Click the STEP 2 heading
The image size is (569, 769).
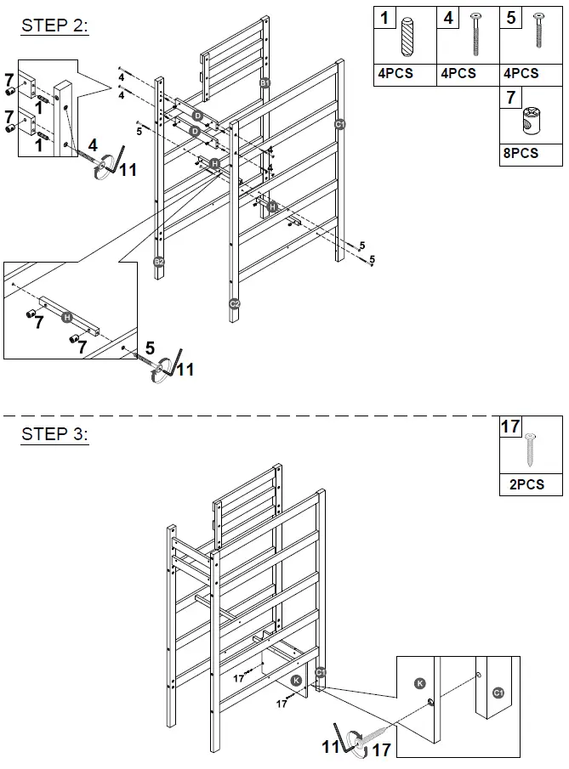(54, 25)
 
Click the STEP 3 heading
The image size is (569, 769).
(54, 434)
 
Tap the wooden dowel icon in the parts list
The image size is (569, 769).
(407, 36)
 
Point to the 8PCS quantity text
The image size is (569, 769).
(520, 155)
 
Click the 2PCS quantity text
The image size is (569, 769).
(520, 485)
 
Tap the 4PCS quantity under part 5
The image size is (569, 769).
(520, 74)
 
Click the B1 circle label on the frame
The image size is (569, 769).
(265, 82)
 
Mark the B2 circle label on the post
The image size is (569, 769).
(159, 262)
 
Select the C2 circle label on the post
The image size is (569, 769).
(235, 303)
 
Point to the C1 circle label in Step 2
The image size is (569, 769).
(339, 125)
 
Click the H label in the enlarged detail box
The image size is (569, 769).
(68, 317)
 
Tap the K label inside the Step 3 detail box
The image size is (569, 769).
(419, 683)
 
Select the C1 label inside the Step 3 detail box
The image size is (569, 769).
(498, 693)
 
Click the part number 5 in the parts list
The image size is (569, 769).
(510, 18)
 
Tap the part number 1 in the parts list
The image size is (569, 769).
(385, 18)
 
